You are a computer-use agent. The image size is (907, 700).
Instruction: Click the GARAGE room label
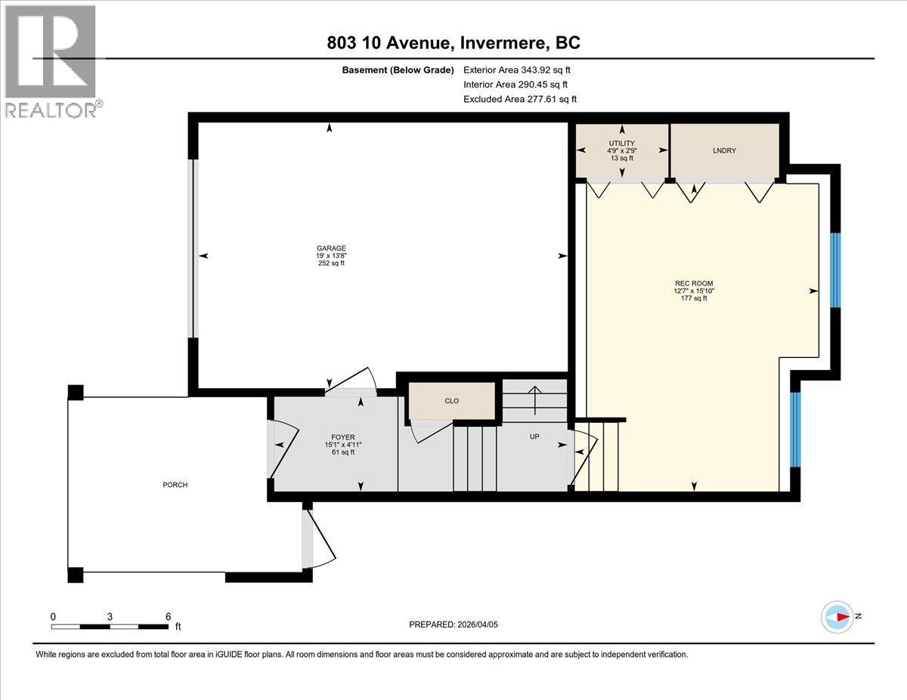331,248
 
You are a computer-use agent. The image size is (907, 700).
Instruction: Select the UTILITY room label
622,143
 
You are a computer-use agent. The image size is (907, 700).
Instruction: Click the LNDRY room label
723,150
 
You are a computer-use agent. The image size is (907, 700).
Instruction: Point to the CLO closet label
451,401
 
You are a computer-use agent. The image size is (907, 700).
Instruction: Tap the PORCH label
175,485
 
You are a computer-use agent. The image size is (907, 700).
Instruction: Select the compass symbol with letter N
837,616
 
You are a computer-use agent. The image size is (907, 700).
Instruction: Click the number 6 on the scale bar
168,616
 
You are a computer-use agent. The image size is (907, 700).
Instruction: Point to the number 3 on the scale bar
110,616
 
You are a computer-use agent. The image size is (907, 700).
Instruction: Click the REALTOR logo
51,60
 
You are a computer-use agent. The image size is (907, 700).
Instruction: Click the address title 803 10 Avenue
453,43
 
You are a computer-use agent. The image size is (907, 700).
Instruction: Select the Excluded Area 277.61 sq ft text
519,99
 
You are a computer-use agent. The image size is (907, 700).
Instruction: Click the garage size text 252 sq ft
331,264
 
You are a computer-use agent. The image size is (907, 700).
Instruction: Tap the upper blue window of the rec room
835,270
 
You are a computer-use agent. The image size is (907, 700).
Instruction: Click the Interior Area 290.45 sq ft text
515,85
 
